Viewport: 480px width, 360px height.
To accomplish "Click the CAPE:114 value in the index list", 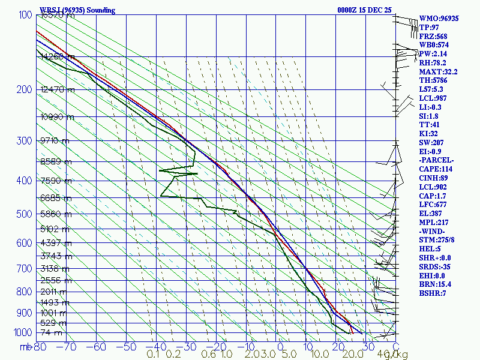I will [436, 169].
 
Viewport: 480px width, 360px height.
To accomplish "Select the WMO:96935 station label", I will [439, 19].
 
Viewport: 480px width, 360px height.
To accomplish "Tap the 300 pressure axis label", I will [24, 141].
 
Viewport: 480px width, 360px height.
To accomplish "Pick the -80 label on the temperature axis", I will [40, 347].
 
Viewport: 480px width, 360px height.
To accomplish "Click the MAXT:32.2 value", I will [439, 71].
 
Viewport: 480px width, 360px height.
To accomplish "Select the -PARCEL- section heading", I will [436, 160].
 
